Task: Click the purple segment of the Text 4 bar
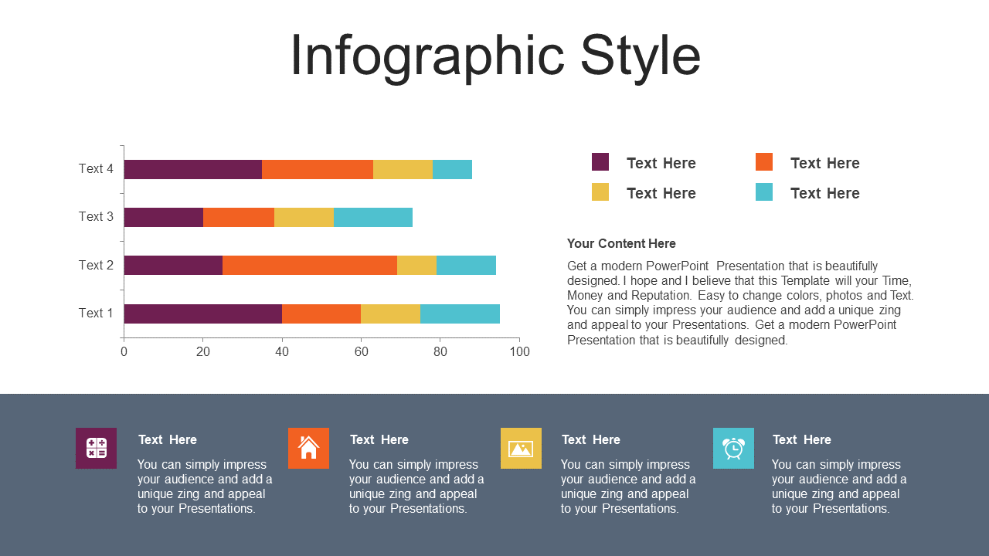(x=193, y=169)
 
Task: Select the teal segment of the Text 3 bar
(x=373, y=218)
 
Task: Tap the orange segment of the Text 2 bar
(x=310, y=265)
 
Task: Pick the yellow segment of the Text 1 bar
(x=390, y=314)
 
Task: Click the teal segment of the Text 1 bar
(x=460, y=314)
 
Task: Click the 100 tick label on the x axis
(x=520, y=351)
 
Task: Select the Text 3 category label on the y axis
(x=96, y=217)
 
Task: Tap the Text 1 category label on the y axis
(x=96, y=313)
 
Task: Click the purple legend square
(x=600, y=162)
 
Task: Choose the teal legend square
(x=764, y=192)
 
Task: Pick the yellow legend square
(x=600, y=192)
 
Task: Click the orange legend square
(x=764, y=162)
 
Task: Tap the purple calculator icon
(x=97, y=448)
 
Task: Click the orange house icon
(x=308, y=448)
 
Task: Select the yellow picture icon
(x=521, y=448)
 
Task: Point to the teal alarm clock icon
(x=733, y=448)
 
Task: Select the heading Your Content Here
(x=621, y=243)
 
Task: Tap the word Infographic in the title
(x=427, y=57)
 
